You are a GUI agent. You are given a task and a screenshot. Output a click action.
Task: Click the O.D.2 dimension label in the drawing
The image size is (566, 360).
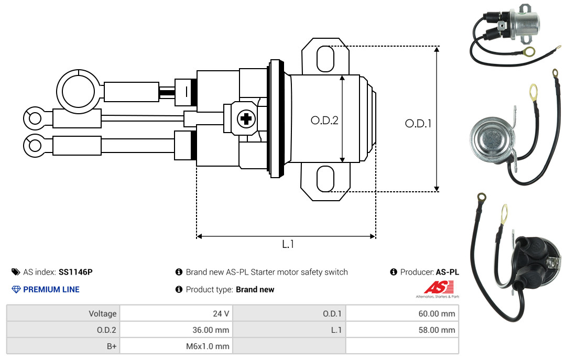(x=324, y=120)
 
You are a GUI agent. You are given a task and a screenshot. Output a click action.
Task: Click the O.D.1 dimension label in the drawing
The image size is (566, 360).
(x=418, y=124)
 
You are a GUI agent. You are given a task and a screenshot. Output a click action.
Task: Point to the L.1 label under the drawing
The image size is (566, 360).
(x=288, y=244)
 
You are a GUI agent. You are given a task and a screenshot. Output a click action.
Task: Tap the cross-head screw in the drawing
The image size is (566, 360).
(x=246, y=118)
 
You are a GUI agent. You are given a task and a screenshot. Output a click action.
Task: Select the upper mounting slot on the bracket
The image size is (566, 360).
(x=325, y=59)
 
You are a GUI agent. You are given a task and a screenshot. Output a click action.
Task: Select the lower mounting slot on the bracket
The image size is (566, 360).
(x=325, y=179)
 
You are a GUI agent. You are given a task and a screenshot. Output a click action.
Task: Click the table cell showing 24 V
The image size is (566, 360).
(x=176, y=313)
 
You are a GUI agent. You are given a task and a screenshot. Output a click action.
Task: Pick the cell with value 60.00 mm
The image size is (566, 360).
(x=402, y=313)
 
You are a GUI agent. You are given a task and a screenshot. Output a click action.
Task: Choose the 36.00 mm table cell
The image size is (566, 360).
(x=176, y=330)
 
